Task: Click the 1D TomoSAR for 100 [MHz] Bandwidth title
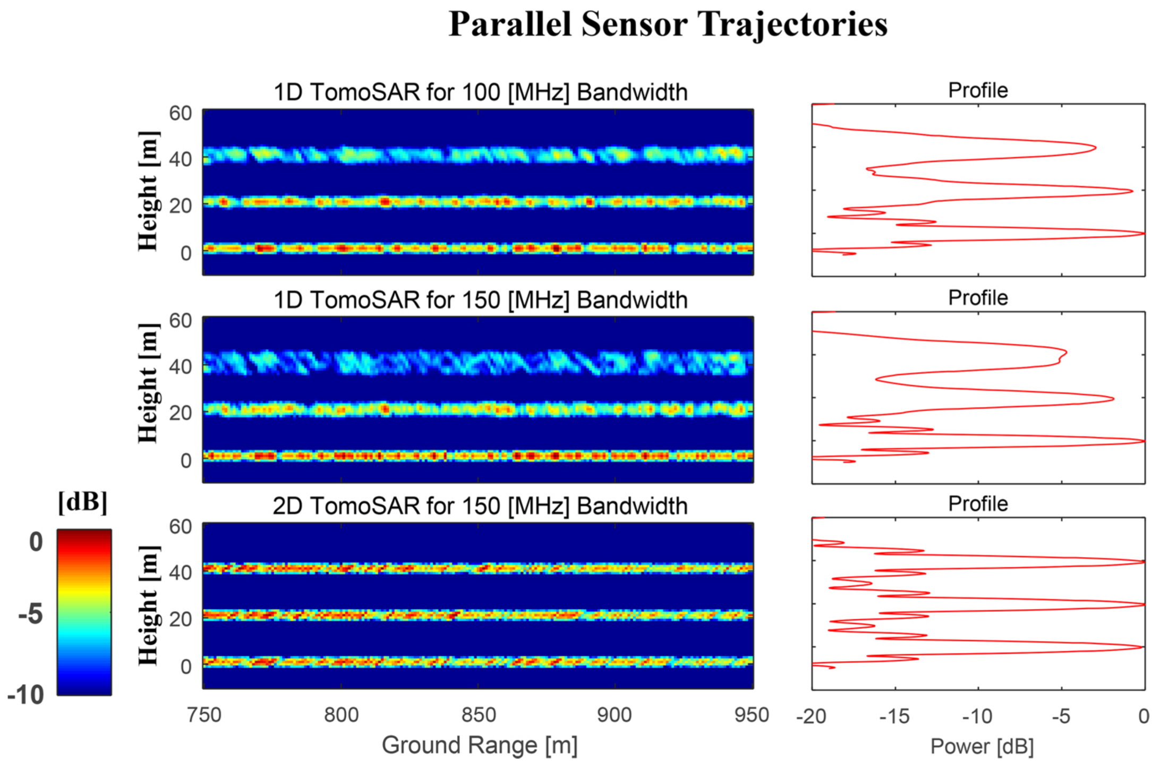pyautogui.click(x=480, y=92)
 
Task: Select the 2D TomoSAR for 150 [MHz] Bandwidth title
pyautogui.click(x=480, y=506)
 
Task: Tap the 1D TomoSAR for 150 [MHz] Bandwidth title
pyautogui.click(x=480, y=300)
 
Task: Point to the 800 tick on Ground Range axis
pyautogui.click(x=341, y=715)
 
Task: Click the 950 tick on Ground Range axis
pyautogui.click(x=751, y=715)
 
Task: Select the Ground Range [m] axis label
pyautogui.click(x=479, y=745)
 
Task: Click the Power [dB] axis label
pyautogui.click(x=982, y=747)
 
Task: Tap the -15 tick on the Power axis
pyautogui.click(x=894, y=717)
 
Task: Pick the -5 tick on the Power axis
pyautogui.click(x=1061, y=717)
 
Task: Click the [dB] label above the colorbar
pyautogui.click(x=82, y=502)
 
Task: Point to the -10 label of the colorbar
pyautogui.click(x=26, y=695)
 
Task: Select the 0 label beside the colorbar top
pyautogui.click(x=36, y=542)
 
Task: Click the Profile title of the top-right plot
pyautogui.click(x=978, y=90)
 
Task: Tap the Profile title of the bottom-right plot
pyautogui.click(x=978, y=504)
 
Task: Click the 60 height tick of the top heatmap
pyautogui.click(x=181, y=114)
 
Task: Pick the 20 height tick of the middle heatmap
pyautogui.click(x=181, y=413)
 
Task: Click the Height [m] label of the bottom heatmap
pyautogui.click(x=148, y=605)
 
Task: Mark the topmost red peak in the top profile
pyautogui.click(x=1095, y=148)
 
